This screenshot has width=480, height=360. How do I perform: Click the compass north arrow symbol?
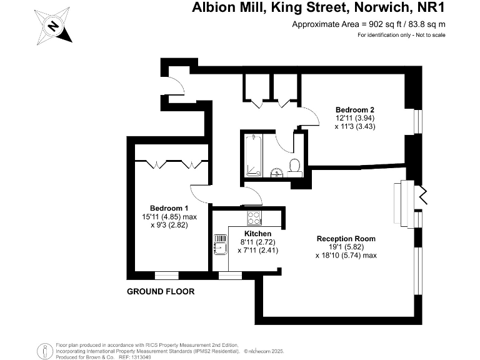[x=54, y=26]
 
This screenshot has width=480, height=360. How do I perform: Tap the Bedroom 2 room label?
[x=354, y=108]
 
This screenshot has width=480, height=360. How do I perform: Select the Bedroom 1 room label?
[x=169, y=208]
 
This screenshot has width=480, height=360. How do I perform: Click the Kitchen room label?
[x=257, y=233]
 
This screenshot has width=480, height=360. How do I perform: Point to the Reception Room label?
[x=346, y=238]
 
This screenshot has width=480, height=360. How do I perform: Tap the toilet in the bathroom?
[x=296, y=166]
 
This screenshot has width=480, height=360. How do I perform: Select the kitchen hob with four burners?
[x=254, y=219]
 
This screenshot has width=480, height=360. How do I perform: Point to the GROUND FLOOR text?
[x=161, y=292]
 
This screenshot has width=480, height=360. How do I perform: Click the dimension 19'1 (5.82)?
[x=346, y=247]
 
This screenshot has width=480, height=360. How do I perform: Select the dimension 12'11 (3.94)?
[x=354, y=117]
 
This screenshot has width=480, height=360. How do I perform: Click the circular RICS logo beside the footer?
[x=44, y=349]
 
